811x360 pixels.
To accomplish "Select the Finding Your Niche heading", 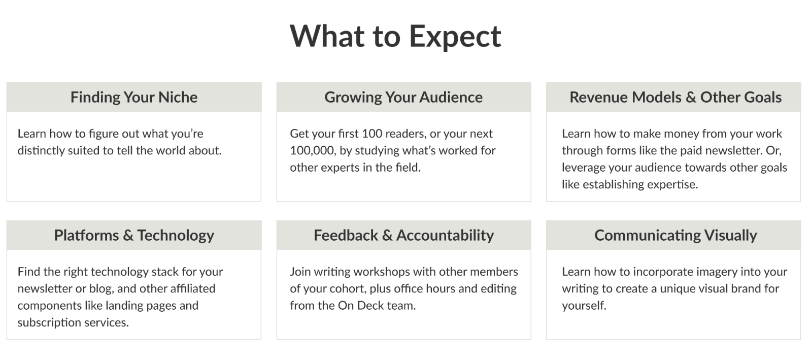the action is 134,97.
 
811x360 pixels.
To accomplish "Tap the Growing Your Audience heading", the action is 403,97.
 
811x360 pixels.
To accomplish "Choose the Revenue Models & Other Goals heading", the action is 675,97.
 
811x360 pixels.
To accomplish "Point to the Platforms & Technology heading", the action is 134,236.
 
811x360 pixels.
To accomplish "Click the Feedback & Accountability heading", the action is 403,236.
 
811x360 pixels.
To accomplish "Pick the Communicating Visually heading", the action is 675,236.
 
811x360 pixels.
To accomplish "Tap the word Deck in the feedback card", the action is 370,306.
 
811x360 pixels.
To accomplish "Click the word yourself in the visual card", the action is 584,306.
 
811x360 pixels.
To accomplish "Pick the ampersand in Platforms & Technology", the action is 128,236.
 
